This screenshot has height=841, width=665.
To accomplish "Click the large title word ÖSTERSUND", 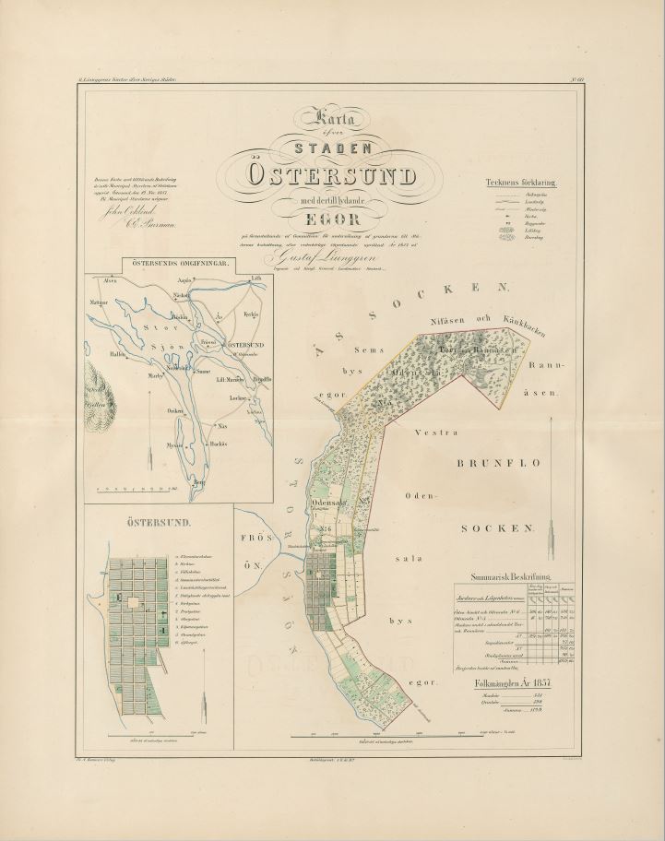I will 331,175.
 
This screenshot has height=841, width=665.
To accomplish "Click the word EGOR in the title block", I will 332,218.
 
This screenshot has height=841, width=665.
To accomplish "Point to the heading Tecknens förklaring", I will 521,182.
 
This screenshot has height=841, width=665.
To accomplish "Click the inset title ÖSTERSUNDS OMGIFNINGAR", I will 178,264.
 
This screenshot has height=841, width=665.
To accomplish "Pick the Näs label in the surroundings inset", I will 221,426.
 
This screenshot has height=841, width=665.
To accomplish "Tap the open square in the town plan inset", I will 134,603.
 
